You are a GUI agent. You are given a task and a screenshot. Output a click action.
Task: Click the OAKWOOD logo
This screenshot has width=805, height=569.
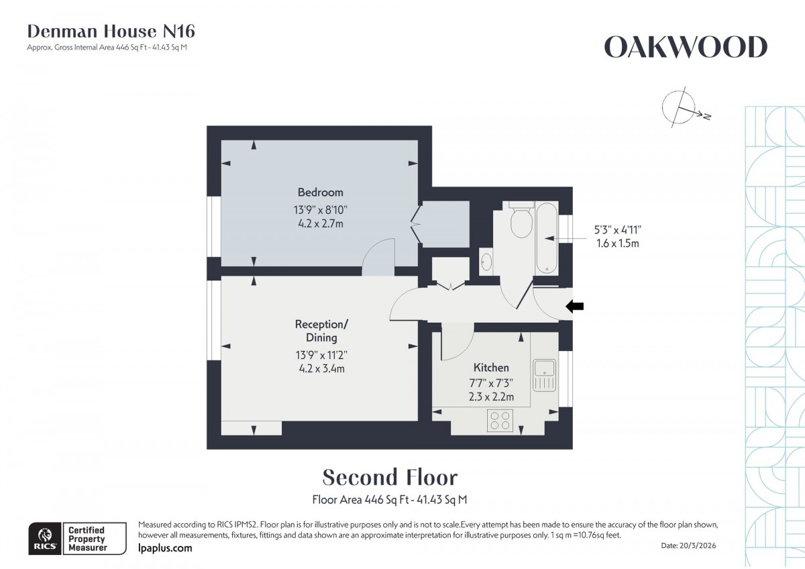685,48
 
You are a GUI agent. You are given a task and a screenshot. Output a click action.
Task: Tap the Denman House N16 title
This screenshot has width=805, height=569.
111,31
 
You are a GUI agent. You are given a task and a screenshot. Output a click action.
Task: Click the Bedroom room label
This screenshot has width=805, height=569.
320,192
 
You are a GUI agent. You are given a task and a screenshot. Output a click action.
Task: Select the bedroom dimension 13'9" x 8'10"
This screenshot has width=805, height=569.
320,209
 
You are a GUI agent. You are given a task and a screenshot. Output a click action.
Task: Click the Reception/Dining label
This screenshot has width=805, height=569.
321,331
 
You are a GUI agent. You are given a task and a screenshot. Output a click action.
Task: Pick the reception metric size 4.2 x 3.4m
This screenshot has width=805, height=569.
321,368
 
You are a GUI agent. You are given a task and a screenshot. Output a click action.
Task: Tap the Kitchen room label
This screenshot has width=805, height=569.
491,367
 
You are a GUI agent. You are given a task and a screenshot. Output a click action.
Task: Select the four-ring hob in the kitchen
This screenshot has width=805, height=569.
498,420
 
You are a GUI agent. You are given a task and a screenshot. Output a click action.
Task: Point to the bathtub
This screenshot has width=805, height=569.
547,238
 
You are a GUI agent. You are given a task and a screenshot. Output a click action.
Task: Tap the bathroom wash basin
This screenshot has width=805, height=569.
486,260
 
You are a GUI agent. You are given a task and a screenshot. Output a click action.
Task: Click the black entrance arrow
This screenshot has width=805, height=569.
575,307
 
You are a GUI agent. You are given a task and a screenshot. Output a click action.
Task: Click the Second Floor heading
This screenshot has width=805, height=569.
390,477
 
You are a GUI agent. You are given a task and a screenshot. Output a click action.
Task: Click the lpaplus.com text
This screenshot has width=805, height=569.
164,548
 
